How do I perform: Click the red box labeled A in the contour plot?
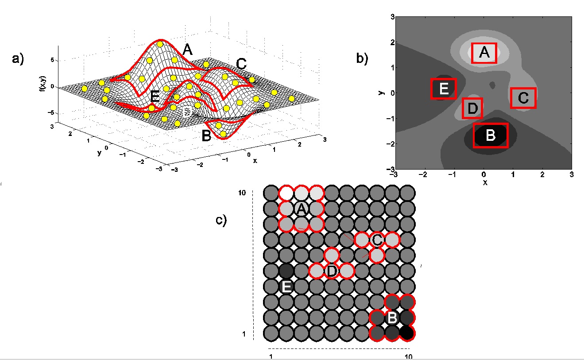point(472,53)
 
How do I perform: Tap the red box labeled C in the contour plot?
point(511,98)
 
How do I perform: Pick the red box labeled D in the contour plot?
point(463,108)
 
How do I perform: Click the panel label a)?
point(18,58)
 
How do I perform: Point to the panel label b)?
point(362,58)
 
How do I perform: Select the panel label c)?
point(221,220)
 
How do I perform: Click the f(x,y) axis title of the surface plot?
point(42,83)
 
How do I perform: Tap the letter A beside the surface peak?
point(187,50)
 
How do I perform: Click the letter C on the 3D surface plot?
point(241,64)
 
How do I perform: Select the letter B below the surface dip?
point(206,136)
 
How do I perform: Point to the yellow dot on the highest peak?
point(160,44)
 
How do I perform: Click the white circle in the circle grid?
point(286,194)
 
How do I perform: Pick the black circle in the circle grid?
point(407,333)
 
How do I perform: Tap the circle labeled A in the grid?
point(302,209)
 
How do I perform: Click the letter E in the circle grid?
point(286,287)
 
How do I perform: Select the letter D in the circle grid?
point(331,271)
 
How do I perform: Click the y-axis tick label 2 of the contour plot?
point(392,42)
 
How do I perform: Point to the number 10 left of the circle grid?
point(242,193)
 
